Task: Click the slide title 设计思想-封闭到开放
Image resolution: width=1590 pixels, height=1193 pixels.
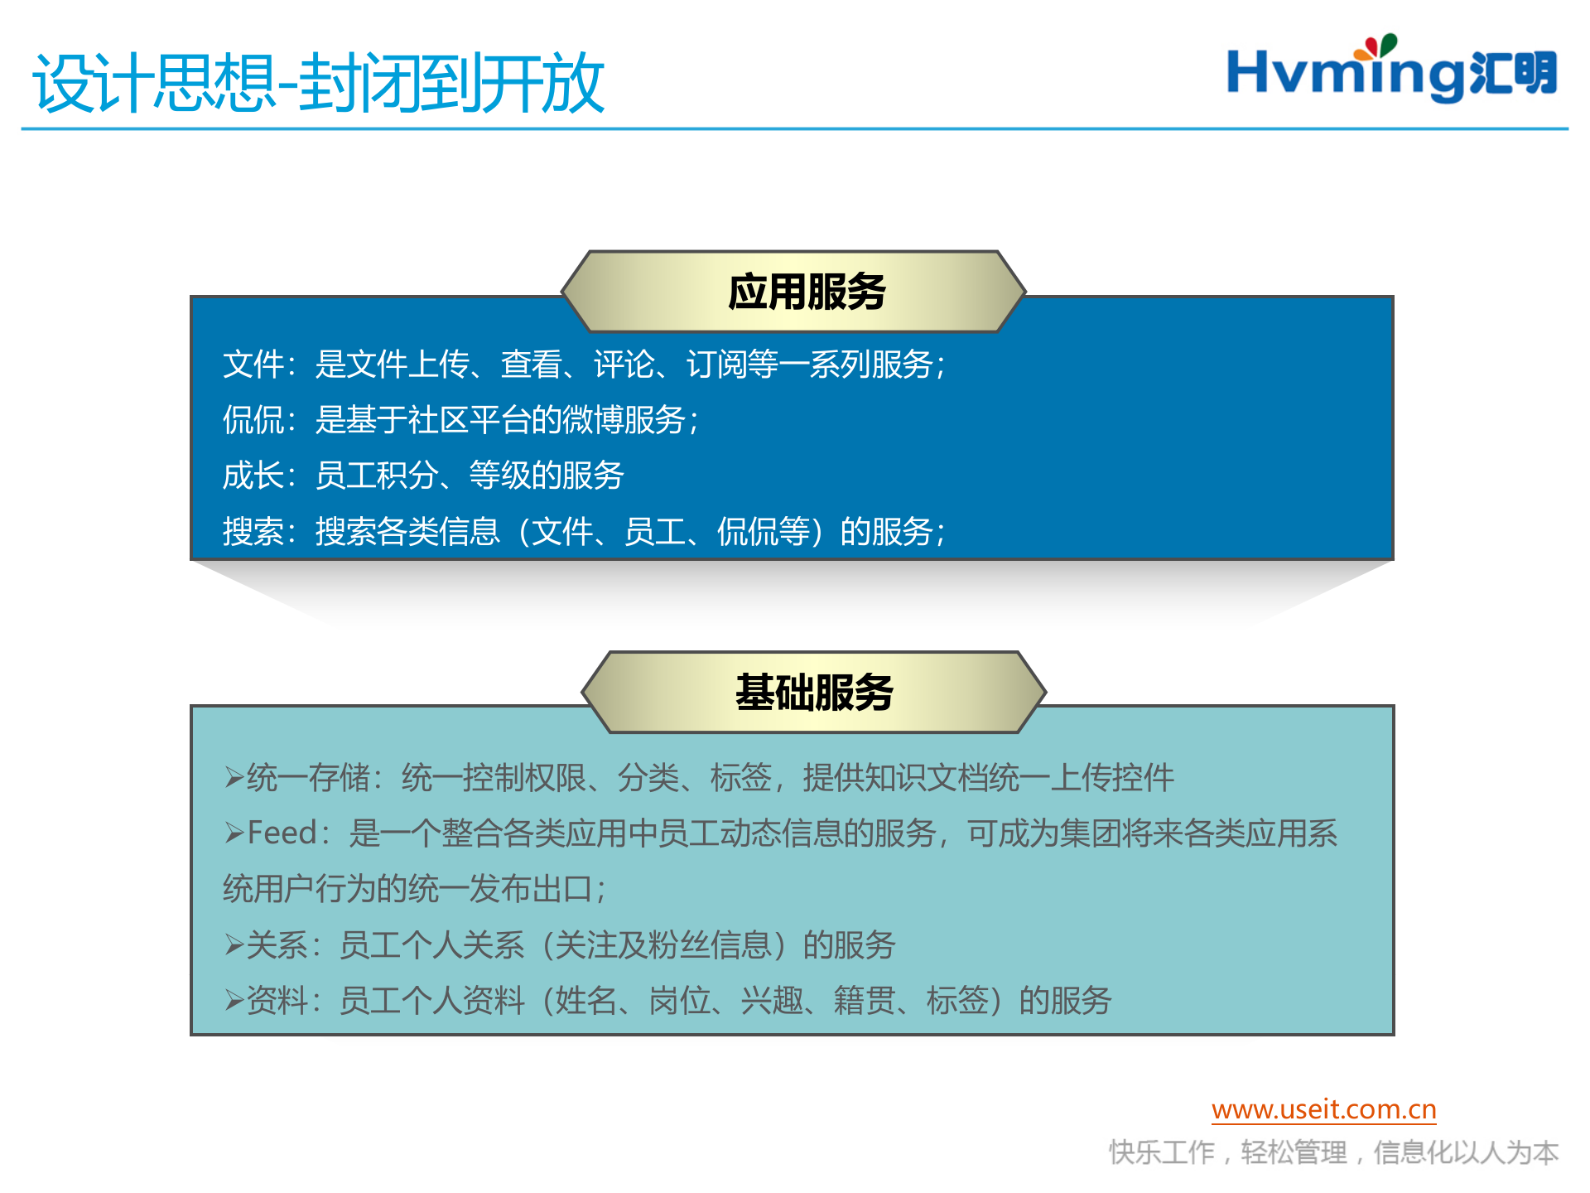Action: click(x=319, y=83)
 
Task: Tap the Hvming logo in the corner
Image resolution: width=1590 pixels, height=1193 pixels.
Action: click(x=1391, y=73)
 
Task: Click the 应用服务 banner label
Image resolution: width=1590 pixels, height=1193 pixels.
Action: click(x=807, y=292)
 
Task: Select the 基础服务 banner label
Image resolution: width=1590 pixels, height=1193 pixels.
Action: click(x=814, y=693)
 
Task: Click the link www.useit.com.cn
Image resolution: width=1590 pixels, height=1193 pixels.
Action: click(x=1323, y=1109)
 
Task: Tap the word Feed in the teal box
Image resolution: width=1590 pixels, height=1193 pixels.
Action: click(x=282, y=833)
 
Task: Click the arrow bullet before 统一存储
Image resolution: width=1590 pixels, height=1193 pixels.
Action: click(x=234, y=778)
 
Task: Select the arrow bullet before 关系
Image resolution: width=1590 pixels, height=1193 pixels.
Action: click(x=234, y=945)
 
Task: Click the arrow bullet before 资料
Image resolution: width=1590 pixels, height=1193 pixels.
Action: click(x=234, y=1001)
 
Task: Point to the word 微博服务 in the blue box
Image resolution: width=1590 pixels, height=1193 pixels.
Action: click(x=624, y=420)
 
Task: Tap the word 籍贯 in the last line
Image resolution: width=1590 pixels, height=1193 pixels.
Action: click(x=865, y=1001)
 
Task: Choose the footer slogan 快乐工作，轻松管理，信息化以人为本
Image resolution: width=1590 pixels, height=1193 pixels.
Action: click(x=1333, y=1152)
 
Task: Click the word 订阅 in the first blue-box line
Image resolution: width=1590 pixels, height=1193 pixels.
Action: click(x=717, y=365)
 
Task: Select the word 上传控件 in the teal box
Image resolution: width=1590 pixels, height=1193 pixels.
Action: click(x=1112, y=778)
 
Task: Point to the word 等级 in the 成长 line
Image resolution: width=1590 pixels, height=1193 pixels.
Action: click(x=500, y=476)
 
